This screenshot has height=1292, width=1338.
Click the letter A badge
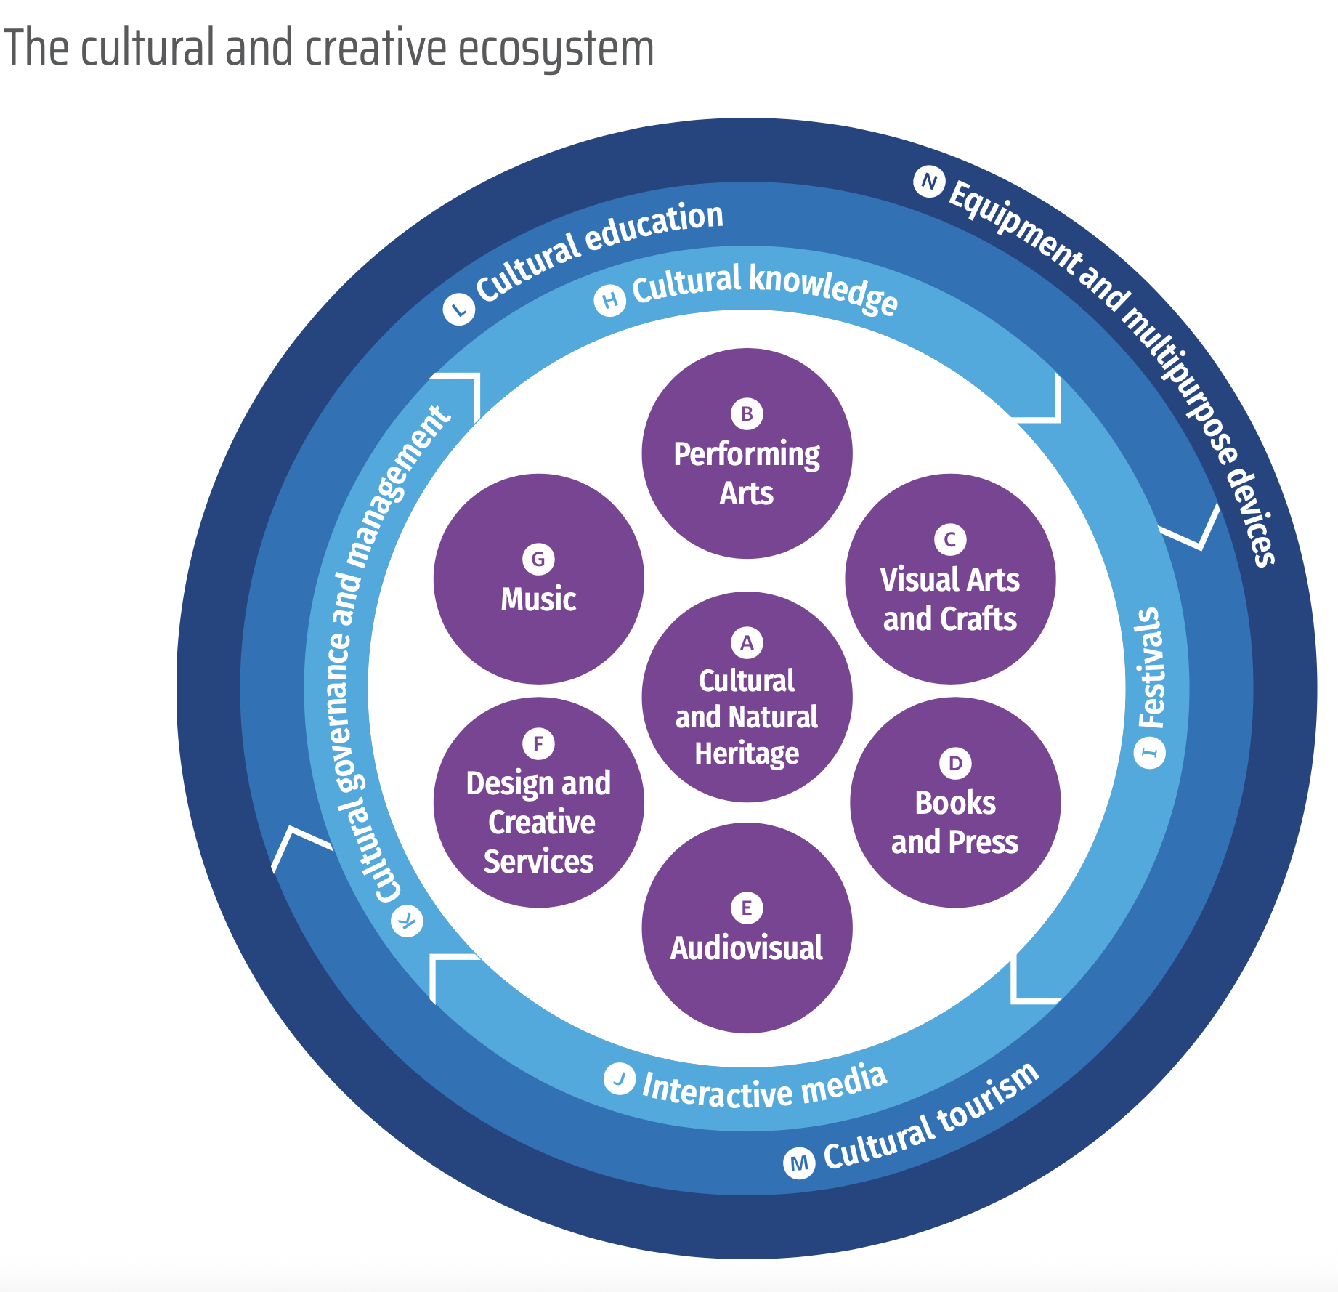pyautogui.click(x=747, y=643)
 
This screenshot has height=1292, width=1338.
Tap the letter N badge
pyautogui.click(x=928, y=182)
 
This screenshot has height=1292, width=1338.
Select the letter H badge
pyautogui.click(x=610, y=300)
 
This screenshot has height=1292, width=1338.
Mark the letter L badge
pyautogui.click(x=459, y=310)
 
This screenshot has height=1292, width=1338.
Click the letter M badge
pyautogui.click(x=799, y=1163)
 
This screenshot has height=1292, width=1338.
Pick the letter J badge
pyautogui.click(x=620, y=1078)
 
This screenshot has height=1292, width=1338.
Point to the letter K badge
pyautogui.click(x=408, y=921)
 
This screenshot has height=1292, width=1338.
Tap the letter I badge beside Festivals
pyautogui.click(x=1150, y=752)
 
